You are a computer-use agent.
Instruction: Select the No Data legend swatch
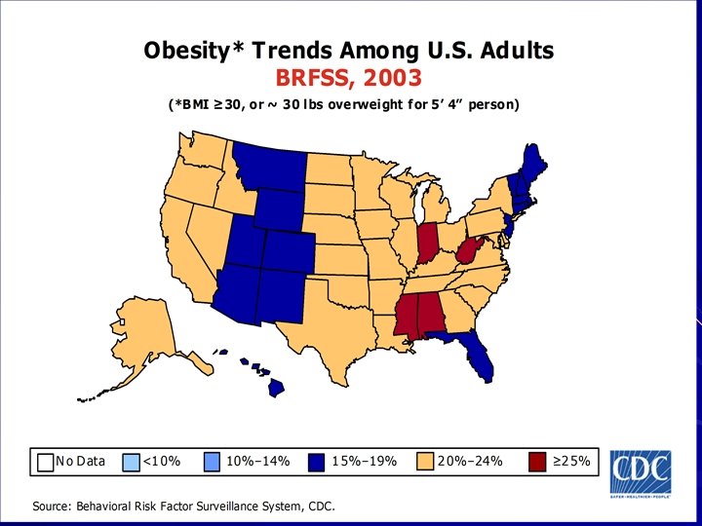click(x=45, y=461)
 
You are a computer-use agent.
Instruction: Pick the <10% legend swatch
click(x=132, y=461)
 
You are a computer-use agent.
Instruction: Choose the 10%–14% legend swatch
click(x=214, y=461)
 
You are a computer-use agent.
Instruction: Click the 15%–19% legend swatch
click(x=318, y=461)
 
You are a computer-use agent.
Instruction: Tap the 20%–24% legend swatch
click(x=425, y=461)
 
